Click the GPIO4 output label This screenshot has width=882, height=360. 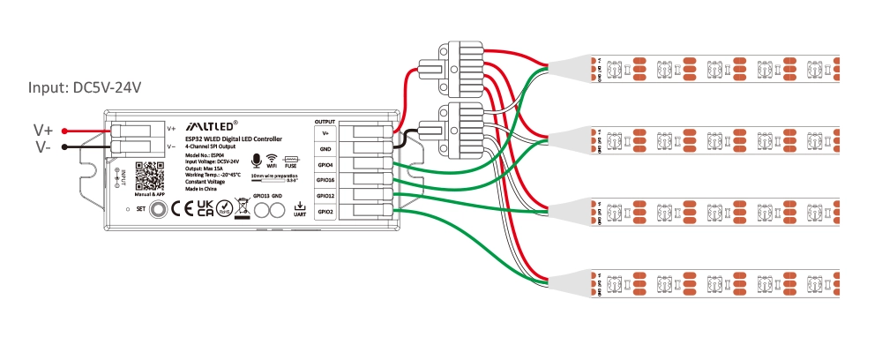tap(325, 163)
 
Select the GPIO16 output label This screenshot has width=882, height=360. tap(325, 179)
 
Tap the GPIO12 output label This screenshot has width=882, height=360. tap(325, 195)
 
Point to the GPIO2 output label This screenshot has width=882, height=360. tap(325, 212)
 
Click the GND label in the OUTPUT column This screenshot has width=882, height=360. tap(325, 147)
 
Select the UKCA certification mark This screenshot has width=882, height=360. tap(205, 209)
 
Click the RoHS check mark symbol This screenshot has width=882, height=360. tap(225, 209)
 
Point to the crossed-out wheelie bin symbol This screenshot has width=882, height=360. tap(243, 210)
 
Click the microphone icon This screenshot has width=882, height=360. tap(255, 160)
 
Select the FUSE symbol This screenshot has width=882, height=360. tap(290, 160)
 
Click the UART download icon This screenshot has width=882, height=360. tap(300, 208)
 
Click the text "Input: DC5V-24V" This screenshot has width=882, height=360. tap(85, 87)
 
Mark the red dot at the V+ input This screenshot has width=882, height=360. tap(65, 131)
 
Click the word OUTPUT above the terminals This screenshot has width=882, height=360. tap(325, 118)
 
